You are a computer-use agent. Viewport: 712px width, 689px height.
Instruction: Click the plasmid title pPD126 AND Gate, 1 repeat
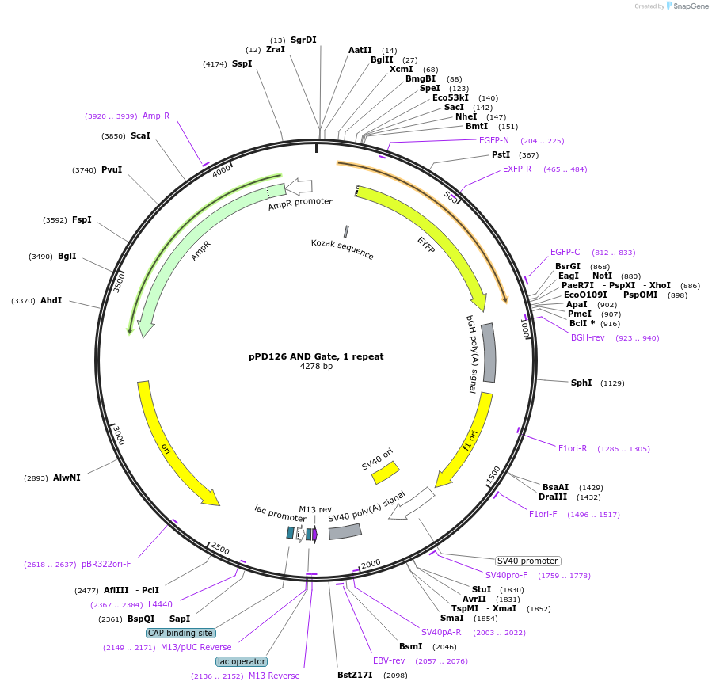(316, 356)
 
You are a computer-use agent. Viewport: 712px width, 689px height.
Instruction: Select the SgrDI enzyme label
(303, 40)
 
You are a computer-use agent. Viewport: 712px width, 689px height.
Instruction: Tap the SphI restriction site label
(581, 383)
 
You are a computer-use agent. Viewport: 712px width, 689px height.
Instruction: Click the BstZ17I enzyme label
(355, 675)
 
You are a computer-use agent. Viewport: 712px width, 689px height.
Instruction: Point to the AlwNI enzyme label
(67, 478)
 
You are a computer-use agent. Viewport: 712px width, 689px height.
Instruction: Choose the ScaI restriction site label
(140, 135)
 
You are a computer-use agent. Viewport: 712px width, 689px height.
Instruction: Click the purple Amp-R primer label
(156, 116)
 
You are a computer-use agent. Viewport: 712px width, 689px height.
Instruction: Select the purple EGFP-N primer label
(494, 140)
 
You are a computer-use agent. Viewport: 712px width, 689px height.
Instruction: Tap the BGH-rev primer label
(588, 337)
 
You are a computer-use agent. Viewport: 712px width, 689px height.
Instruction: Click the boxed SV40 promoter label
(528, 561)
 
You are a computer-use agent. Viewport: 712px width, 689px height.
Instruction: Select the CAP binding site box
(181, 633)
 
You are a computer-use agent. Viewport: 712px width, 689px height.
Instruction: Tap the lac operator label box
(242, 661)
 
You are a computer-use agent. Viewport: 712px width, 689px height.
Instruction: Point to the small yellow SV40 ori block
(386, 472)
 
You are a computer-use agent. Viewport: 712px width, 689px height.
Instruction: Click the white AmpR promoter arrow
(299, 186)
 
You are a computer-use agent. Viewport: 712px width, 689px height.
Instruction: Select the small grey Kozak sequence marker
(346, 231)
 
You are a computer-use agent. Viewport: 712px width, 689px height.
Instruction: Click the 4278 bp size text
(316, 367)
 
